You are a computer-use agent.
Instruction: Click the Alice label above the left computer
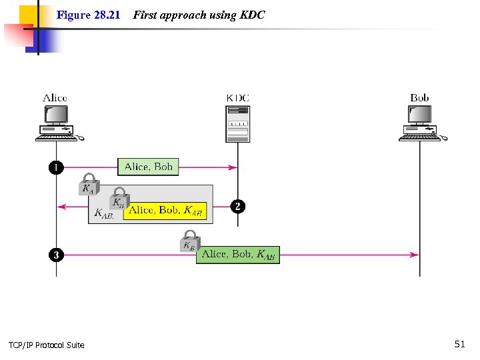click(x=55, y=98)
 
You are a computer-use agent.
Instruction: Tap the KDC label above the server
click(x=238, y=98)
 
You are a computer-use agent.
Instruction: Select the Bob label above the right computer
click(x=419, y=98)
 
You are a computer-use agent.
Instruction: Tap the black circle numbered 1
click(x=56, y=167)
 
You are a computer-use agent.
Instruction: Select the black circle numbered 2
click(x=237, y=206)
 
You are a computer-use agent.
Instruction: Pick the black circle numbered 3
click(x=56, y=255)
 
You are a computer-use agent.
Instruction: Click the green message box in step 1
click(x=149, y=167)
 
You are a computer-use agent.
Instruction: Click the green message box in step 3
click(x=238, y=254)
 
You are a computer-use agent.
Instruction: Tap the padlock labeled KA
click(x=89, y=186)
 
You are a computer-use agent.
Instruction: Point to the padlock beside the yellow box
click(x=119, y=199)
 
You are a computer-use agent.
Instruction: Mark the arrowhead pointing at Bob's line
click(x=415, y=255)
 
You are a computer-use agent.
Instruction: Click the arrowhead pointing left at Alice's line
click(x=62, y=207)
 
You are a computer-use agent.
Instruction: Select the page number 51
click(x=459, y=344)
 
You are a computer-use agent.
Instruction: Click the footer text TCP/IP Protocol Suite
click(x=47, y=345)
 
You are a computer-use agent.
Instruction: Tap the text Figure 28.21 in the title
click(x=88, y=15)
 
